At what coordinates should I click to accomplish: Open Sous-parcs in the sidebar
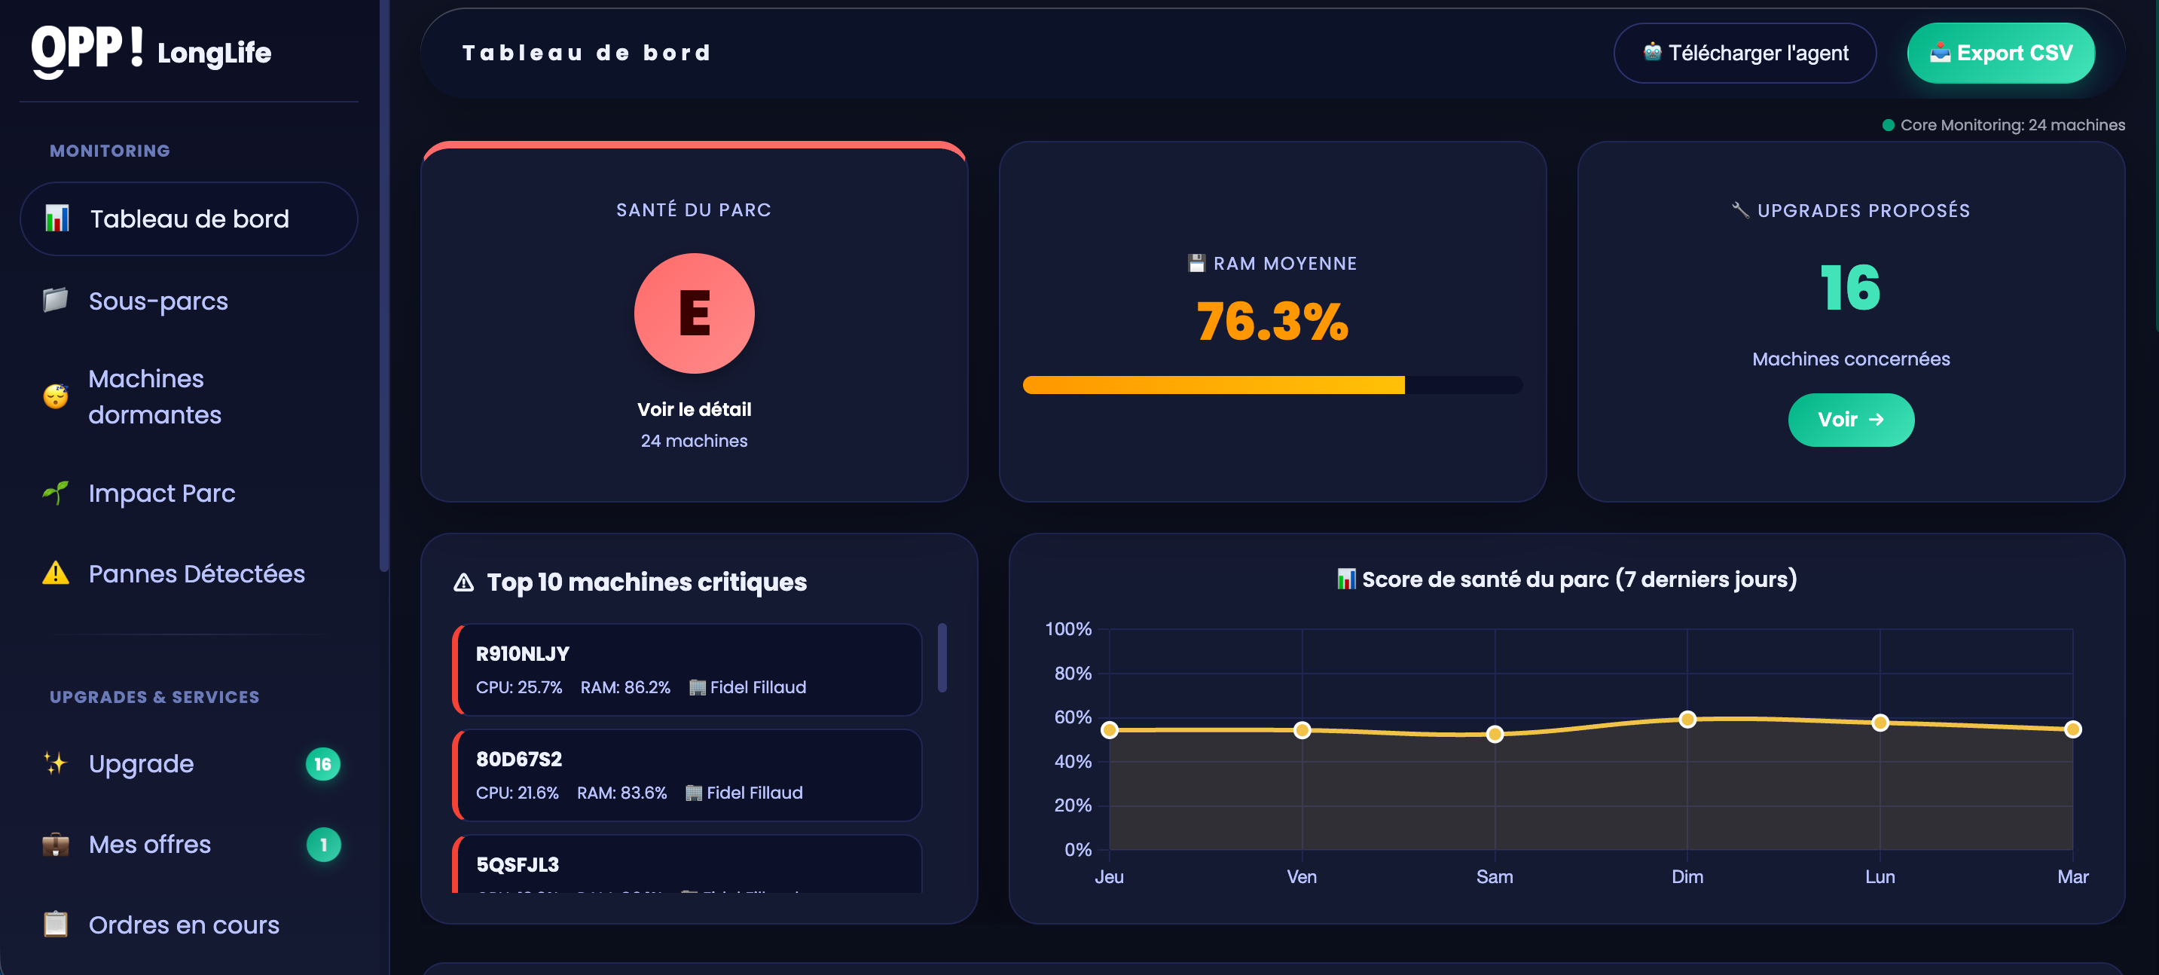157,301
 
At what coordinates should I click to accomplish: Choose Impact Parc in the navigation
161,493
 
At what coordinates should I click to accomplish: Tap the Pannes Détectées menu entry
196,573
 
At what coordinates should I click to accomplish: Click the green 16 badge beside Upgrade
322,764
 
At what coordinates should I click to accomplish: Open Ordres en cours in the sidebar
184,925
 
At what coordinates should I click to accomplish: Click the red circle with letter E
694,313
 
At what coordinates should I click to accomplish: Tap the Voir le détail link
694,409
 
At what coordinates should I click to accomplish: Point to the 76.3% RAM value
1272,321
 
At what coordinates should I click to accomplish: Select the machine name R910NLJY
522,654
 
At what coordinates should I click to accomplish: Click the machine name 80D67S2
519,760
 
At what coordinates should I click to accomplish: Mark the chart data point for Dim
1687,720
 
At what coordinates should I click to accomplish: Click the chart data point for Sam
1495,735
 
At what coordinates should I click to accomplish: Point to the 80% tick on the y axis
1072,673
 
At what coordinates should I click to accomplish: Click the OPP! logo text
87,50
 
